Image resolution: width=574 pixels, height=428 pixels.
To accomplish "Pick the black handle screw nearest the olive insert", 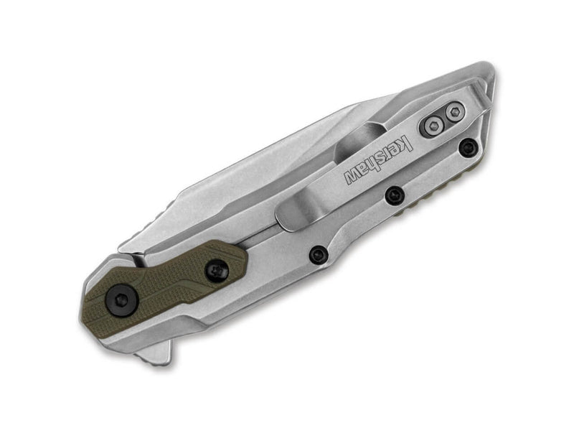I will tap(318, 253).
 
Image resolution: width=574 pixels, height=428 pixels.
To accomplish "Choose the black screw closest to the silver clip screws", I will tap(468, 148).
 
